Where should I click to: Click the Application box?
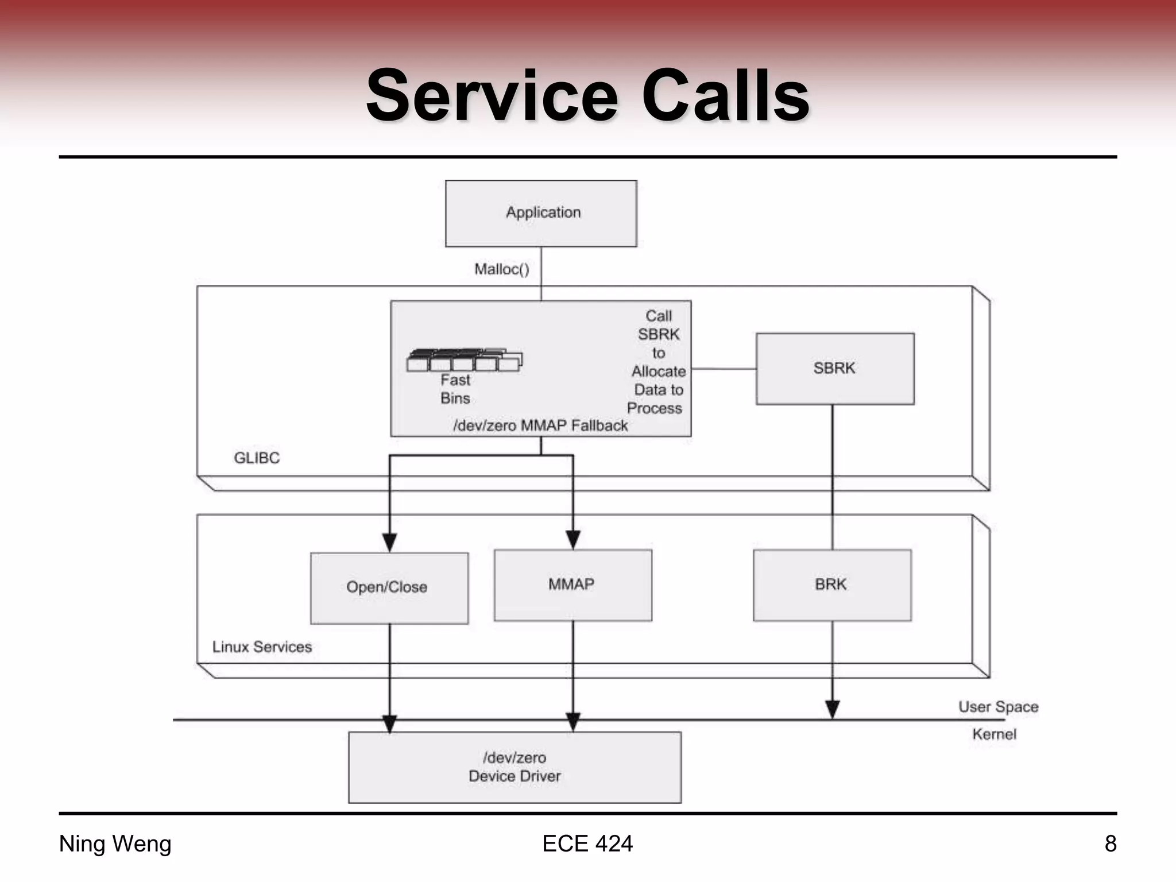tap(541, 214)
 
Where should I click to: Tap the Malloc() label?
tap(501, 269)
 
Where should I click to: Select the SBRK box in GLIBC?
tap(835, 369)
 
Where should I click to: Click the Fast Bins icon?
tap(464, 360)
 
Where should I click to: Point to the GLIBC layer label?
tap(257, 458)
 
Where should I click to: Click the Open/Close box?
tap(389, 588)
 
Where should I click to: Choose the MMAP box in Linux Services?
tap(572, 585)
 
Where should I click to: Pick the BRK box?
tap(831, 585)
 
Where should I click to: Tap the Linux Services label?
tap(262, 647)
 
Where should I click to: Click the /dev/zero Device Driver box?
tap(514, 767)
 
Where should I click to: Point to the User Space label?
tap(998, 706)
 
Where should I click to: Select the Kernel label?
tap(994, 734)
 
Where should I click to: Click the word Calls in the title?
tap(725, 96)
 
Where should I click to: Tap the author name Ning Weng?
tap(115, 844)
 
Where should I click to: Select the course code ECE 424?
tap(587, 844)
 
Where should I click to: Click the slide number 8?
tap(1111, 844)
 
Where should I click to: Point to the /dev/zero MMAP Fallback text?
tap(540, 425)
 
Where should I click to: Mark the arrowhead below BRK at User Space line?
tap(832, 709)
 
